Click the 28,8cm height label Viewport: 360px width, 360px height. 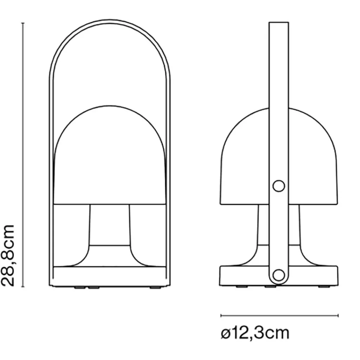pyautogui.click(x=8, y=256)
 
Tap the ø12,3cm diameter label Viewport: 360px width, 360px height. pyautogui.click(x=255, y=333)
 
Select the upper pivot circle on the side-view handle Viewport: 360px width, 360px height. pyautogui.click(x=279, y=186)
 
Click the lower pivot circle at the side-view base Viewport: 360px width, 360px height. pyautogui.click(x=279, y=275)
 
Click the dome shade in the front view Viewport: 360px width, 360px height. pyautogui.click(x=110, y=155)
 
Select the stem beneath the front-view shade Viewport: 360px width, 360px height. pyautogui.click(x=110, y=225)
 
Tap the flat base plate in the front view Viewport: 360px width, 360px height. pyautogui.click(x=110, y=276)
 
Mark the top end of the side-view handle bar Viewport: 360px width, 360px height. pyautogui.click(x=279, y=22)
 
